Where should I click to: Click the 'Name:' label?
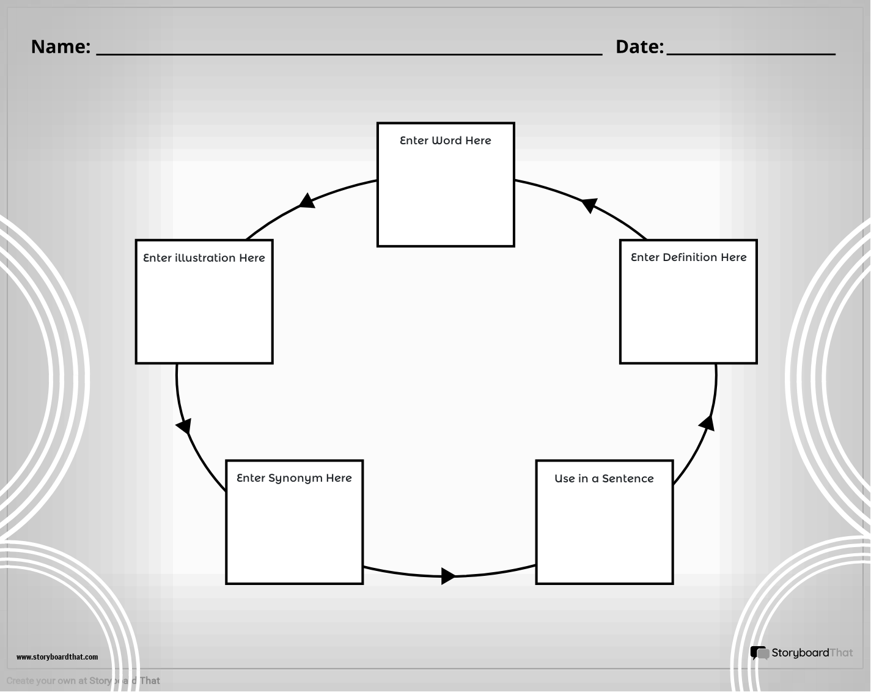(x=61, y=46)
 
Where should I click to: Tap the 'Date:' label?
(x=639, y=46)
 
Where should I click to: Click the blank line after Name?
(x=349, y=54)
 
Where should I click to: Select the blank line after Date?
(x=751, y=54)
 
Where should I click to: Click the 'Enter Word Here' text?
(x=445, y=141)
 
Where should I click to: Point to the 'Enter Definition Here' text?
(x=688, y=257)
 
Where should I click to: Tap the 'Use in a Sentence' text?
(x=604, y=478)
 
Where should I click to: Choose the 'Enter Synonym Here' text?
(x=294, y=478)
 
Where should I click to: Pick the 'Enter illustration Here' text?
(x=204, y=258)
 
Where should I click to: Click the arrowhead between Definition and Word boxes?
(x=589, y=204)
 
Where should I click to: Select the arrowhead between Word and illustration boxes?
(x=307, y=201)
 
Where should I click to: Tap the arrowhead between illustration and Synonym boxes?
(x=184, y=426)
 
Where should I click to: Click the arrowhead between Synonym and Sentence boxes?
(x=448, y=576)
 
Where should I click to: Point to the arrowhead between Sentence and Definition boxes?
(x=707, y=424)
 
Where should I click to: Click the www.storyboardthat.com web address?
(x=57, y=657)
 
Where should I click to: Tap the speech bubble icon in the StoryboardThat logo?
(x=760, y=653)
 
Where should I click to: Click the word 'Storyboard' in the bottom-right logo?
(x=800, y=653)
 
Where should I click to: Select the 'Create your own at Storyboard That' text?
(x=83, y=680)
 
